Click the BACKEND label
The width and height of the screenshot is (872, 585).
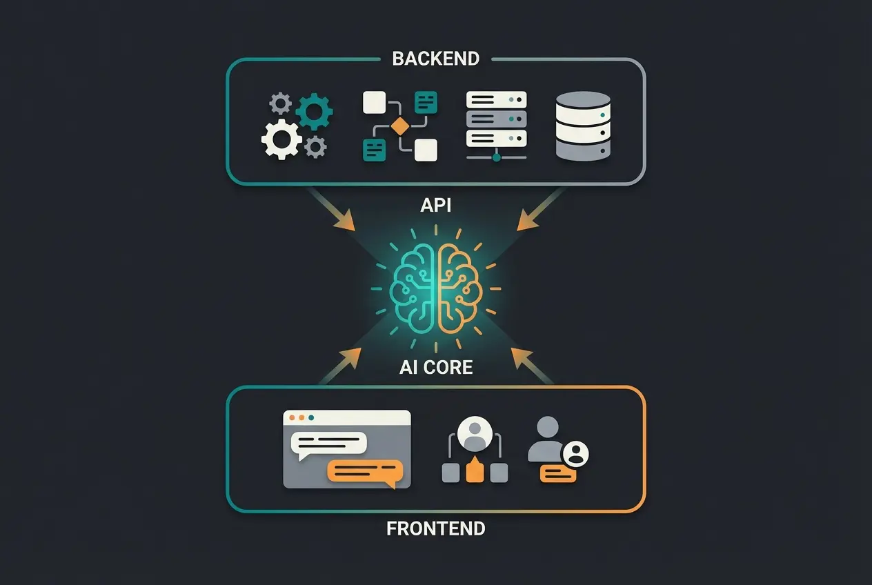[x=435, y=59]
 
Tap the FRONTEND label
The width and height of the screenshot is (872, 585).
[x=435, y=529]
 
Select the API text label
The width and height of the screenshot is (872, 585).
[x=435, y=205]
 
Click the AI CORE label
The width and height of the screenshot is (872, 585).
[x=435, y=366]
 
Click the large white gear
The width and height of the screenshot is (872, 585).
[x=281, y=139]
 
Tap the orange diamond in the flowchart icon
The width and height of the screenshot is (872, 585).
[x=400, y=126]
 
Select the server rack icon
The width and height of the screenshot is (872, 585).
[x=496, y=125]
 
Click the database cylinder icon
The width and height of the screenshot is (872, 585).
[x=583, y=126]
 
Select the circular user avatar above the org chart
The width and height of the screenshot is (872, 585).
[x=474, y=431]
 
